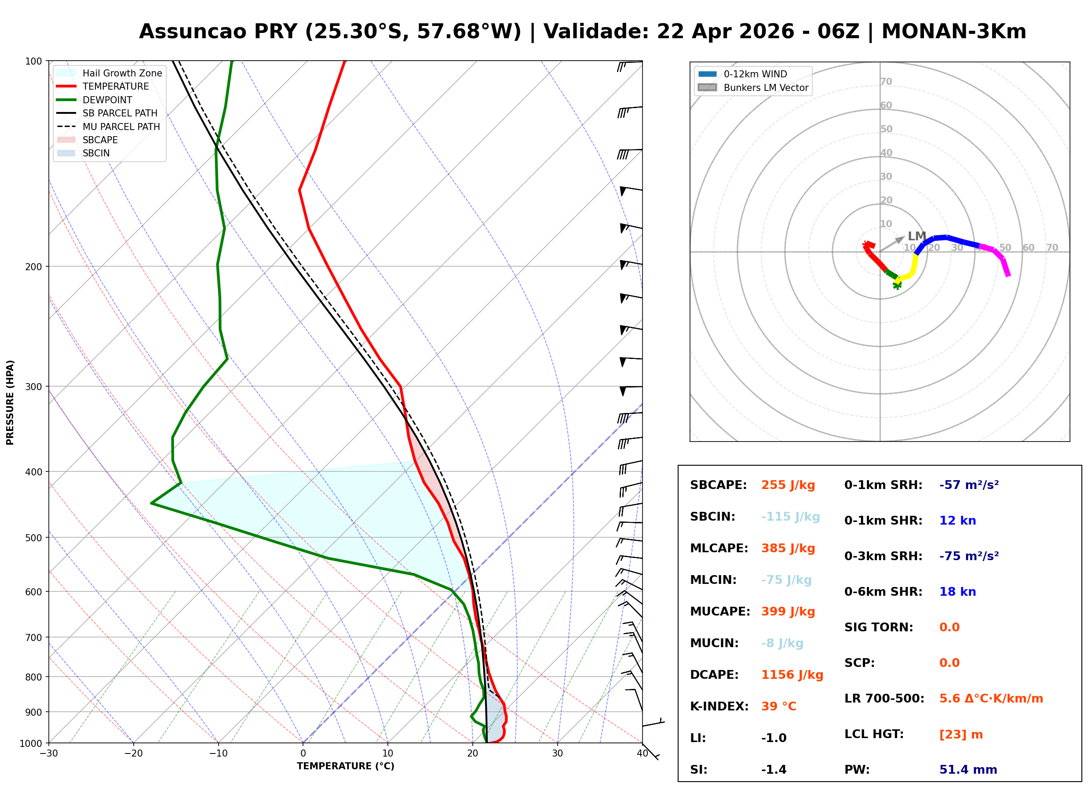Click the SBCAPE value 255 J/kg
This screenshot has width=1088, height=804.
(x=788, y=485)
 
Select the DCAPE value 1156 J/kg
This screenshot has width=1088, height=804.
(x=792, y=675)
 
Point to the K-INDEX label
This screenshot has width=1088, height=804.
(x=719, y=706)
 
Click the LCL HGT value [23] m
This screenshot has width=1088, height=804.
(x=960, y=735)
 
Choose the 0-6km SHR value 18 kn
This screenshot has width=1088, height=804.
(x=957, y=592)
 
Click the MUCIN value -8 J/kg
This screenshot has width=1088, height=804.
(x=781, y=643)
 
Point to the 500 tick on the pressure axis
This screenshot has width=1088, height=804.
(x=33, y=538)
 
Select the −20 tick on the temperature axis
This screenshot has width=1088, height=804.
(x=133, y=753)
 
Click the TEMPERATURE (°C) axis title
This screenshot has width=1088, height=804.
(x=345, y=766)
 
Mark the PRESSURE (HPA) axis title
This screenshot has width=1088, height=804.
(x=10, y=402)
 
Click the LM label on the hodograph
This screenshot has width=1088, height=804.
(x=916, y=236)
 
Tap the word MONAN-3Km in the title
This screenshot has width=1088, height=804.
(x=953, y=32)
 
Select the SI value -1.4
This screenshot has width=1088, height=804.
(x=774, y=770)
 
